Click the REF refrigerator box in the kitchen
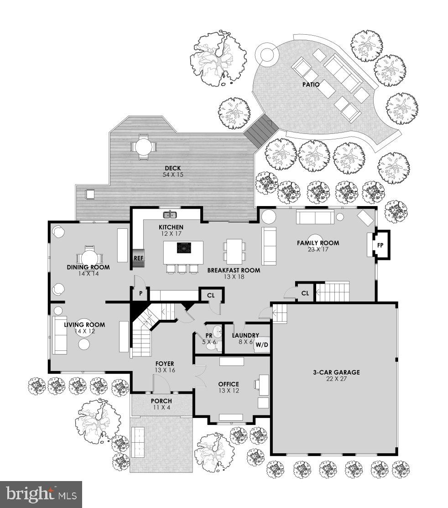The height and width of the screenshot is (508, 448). [x=138, y=258]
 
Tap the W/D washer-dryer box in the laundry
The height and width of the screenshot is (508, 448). [x=261, y=344]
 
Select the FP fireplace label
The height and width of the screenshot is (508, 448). [x=380, y=245]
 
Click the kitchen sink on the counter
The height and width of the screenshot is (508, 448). [x=170, y=214]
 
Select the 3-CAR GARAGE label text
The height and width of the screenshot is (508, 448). [x=336, y=372]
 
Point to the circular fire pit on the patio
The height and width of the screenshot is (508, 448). [x=267, y=55]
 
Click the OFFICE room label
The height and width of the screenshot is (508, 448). [x=228, y=384]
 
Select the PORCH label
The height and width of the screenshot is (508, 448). [x=161, y=401]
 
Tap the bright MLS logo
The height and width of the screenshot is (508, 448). [x=41, y=494]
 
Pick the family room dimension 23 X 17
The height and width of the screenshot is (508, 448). [x=318, y=249]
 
